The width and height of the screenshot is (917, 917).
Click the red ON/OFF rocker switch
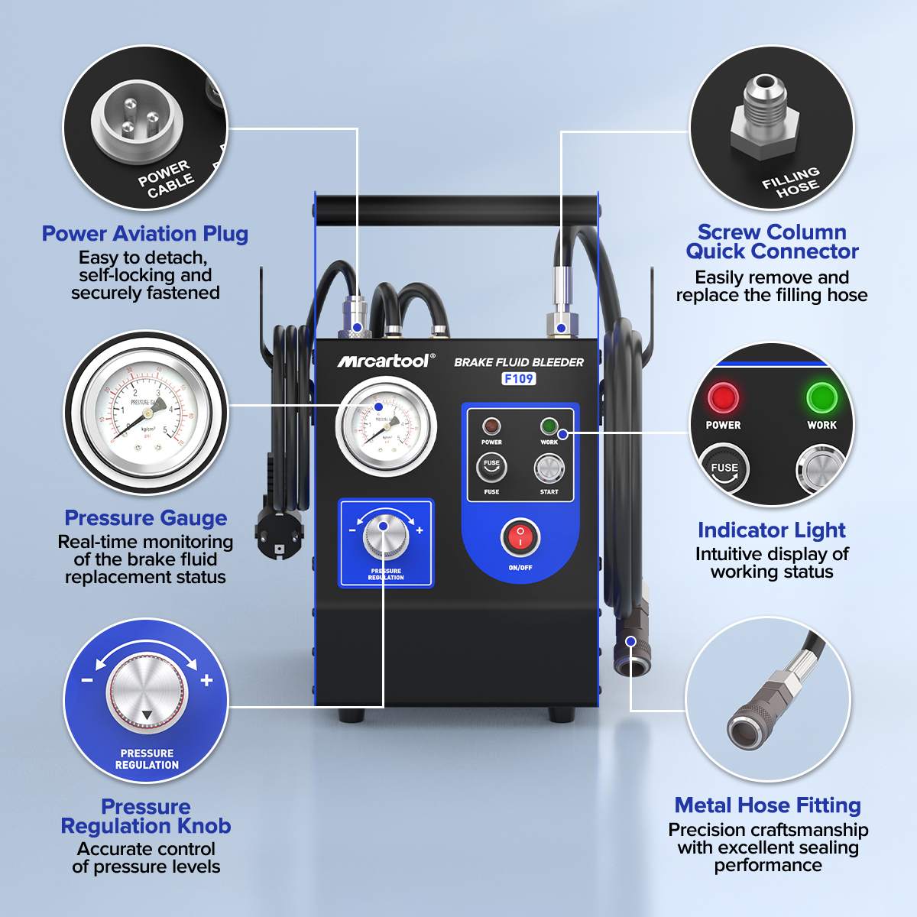pyautogui.click(x=520, y=538)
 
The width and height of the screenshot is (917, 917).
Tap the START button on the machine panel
pyautogui.click(x=549, y=468)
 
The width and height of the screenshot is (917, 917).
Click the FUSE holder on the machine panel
pyautogui.click(x=491, y=467)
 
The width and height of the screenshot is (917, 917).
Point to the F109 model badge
pyautogui.click(x=519, y=379)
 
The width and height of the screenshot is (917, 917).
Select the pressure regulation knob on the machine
pyautogui.click(x=385, y=536)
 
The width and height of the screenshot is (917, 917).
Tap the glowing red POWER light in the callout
pyautogui.click(x=722, y=398)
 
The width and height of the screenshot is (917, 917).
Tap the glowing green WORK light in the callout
pyautogui.click(x=821, y=398)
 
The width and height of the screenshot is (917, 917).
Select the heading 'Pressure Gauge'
pyautogui.click(x=145, y=518)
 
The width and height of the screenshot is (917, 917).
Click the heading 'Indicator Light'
pyautogui.click(x=771, y=530)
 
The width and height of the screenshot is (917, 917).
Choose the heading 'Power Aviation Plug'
pyautogui.click(x=145, y=234)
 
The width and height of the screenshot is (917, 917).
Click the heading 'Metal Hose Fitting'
pyautogui.click(x=767, y=805)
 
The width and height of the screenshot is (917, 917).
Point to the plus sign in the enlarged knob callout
pyautogui.click(x=206, y=680)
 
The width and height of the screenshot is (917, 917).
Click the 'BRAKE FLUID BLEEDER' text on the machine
pyautogui.click(x=519, y=362)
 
